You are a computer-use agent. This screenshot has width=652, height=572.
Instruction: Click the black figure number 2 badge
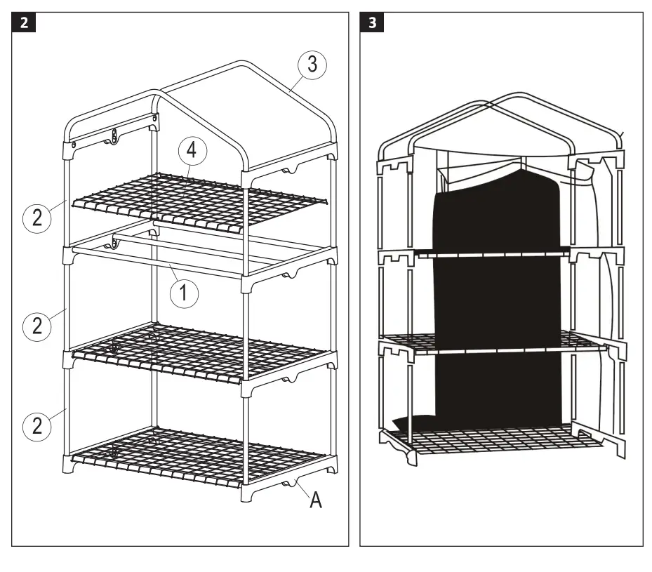click(x=25, y=23)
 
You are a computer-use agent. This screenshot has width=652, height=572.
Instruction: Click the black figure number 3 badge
click(x=372, y=23)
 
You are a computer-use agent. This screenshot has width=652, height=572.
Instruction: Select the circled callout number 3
click(x=311, y=65)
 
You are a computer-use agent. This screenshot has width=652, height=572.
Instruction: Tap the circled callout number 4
click(x=192, y=150)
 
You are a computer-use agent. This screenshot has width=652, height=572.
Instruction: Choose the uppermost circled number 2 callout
click(x=36, y=218)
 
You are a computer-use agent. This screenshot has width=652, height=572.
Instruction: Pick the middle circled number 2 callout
click(x=36, y=326)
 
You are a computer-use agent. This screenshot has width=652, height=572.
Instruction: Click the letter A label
click(x=317, y=501)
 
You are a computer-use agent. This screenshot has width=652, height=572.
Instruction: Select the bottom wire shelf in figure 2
click(x=200, y=460)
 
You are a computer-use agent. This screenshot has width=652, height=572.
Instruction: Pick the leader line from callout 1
click(x=172, y=274)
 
